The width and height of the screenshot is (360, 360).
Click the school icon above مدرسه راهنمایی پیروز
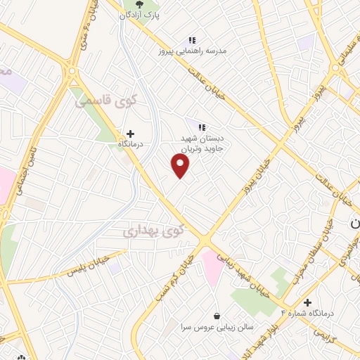pyautogui.click(x=191, y=41)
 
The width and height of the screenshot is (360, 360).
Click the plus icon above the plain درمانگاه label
pyautogui.click(x=130, y=132)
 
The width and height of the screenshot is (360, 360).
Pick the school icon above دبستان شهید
pyautogui.click(x=202, y=127)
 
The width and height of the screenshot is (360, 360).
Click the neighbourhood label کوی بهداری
pyautogui.click(x=153, y=230)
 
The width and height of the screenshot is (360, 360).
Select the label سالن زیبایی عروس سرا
pyautogui.click(x=205, y=327)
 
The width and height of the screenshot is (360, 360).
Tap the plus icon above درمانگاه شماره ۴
pyautogui.click(x=307, y=302)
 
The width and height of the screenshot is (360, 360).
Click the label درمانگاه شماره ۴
pyautogui.click(x=305, y=312)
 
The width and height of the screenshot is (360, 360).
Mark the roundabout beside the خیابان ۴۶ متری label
pyautogui.click(x=72, y=71)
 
